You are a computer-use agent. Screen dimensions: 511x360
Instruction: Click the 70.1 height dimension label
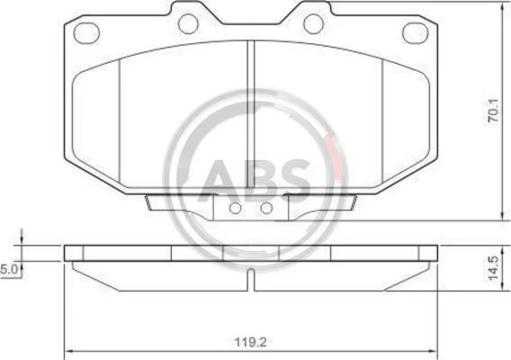(494, 111)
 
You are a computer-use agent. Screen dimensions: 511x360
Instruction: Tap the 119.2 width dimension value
(251, 342)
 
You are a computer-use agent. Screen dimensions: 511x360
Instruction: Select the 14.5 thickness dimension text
(494, 268)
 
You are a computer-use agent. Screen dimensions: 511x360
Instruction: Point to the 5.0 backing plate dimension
(8, 270)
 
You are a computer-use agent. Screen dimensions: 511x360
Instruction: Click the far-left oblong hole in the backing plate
(86, 33)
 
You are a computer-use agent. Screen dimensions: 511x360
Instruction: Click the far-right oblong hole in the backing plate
(416, 33)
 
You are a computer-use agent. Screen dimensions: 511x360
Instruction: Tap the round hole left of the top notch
(188, 23)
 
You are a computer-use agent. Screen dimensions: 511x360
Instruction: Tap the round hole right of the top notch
(313, 23)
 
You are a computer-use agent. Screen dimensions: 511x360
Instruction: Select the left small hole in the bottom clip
(235, 208)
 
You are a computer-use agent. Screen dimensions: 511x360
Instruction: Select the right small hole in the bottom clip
(266, 208)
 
